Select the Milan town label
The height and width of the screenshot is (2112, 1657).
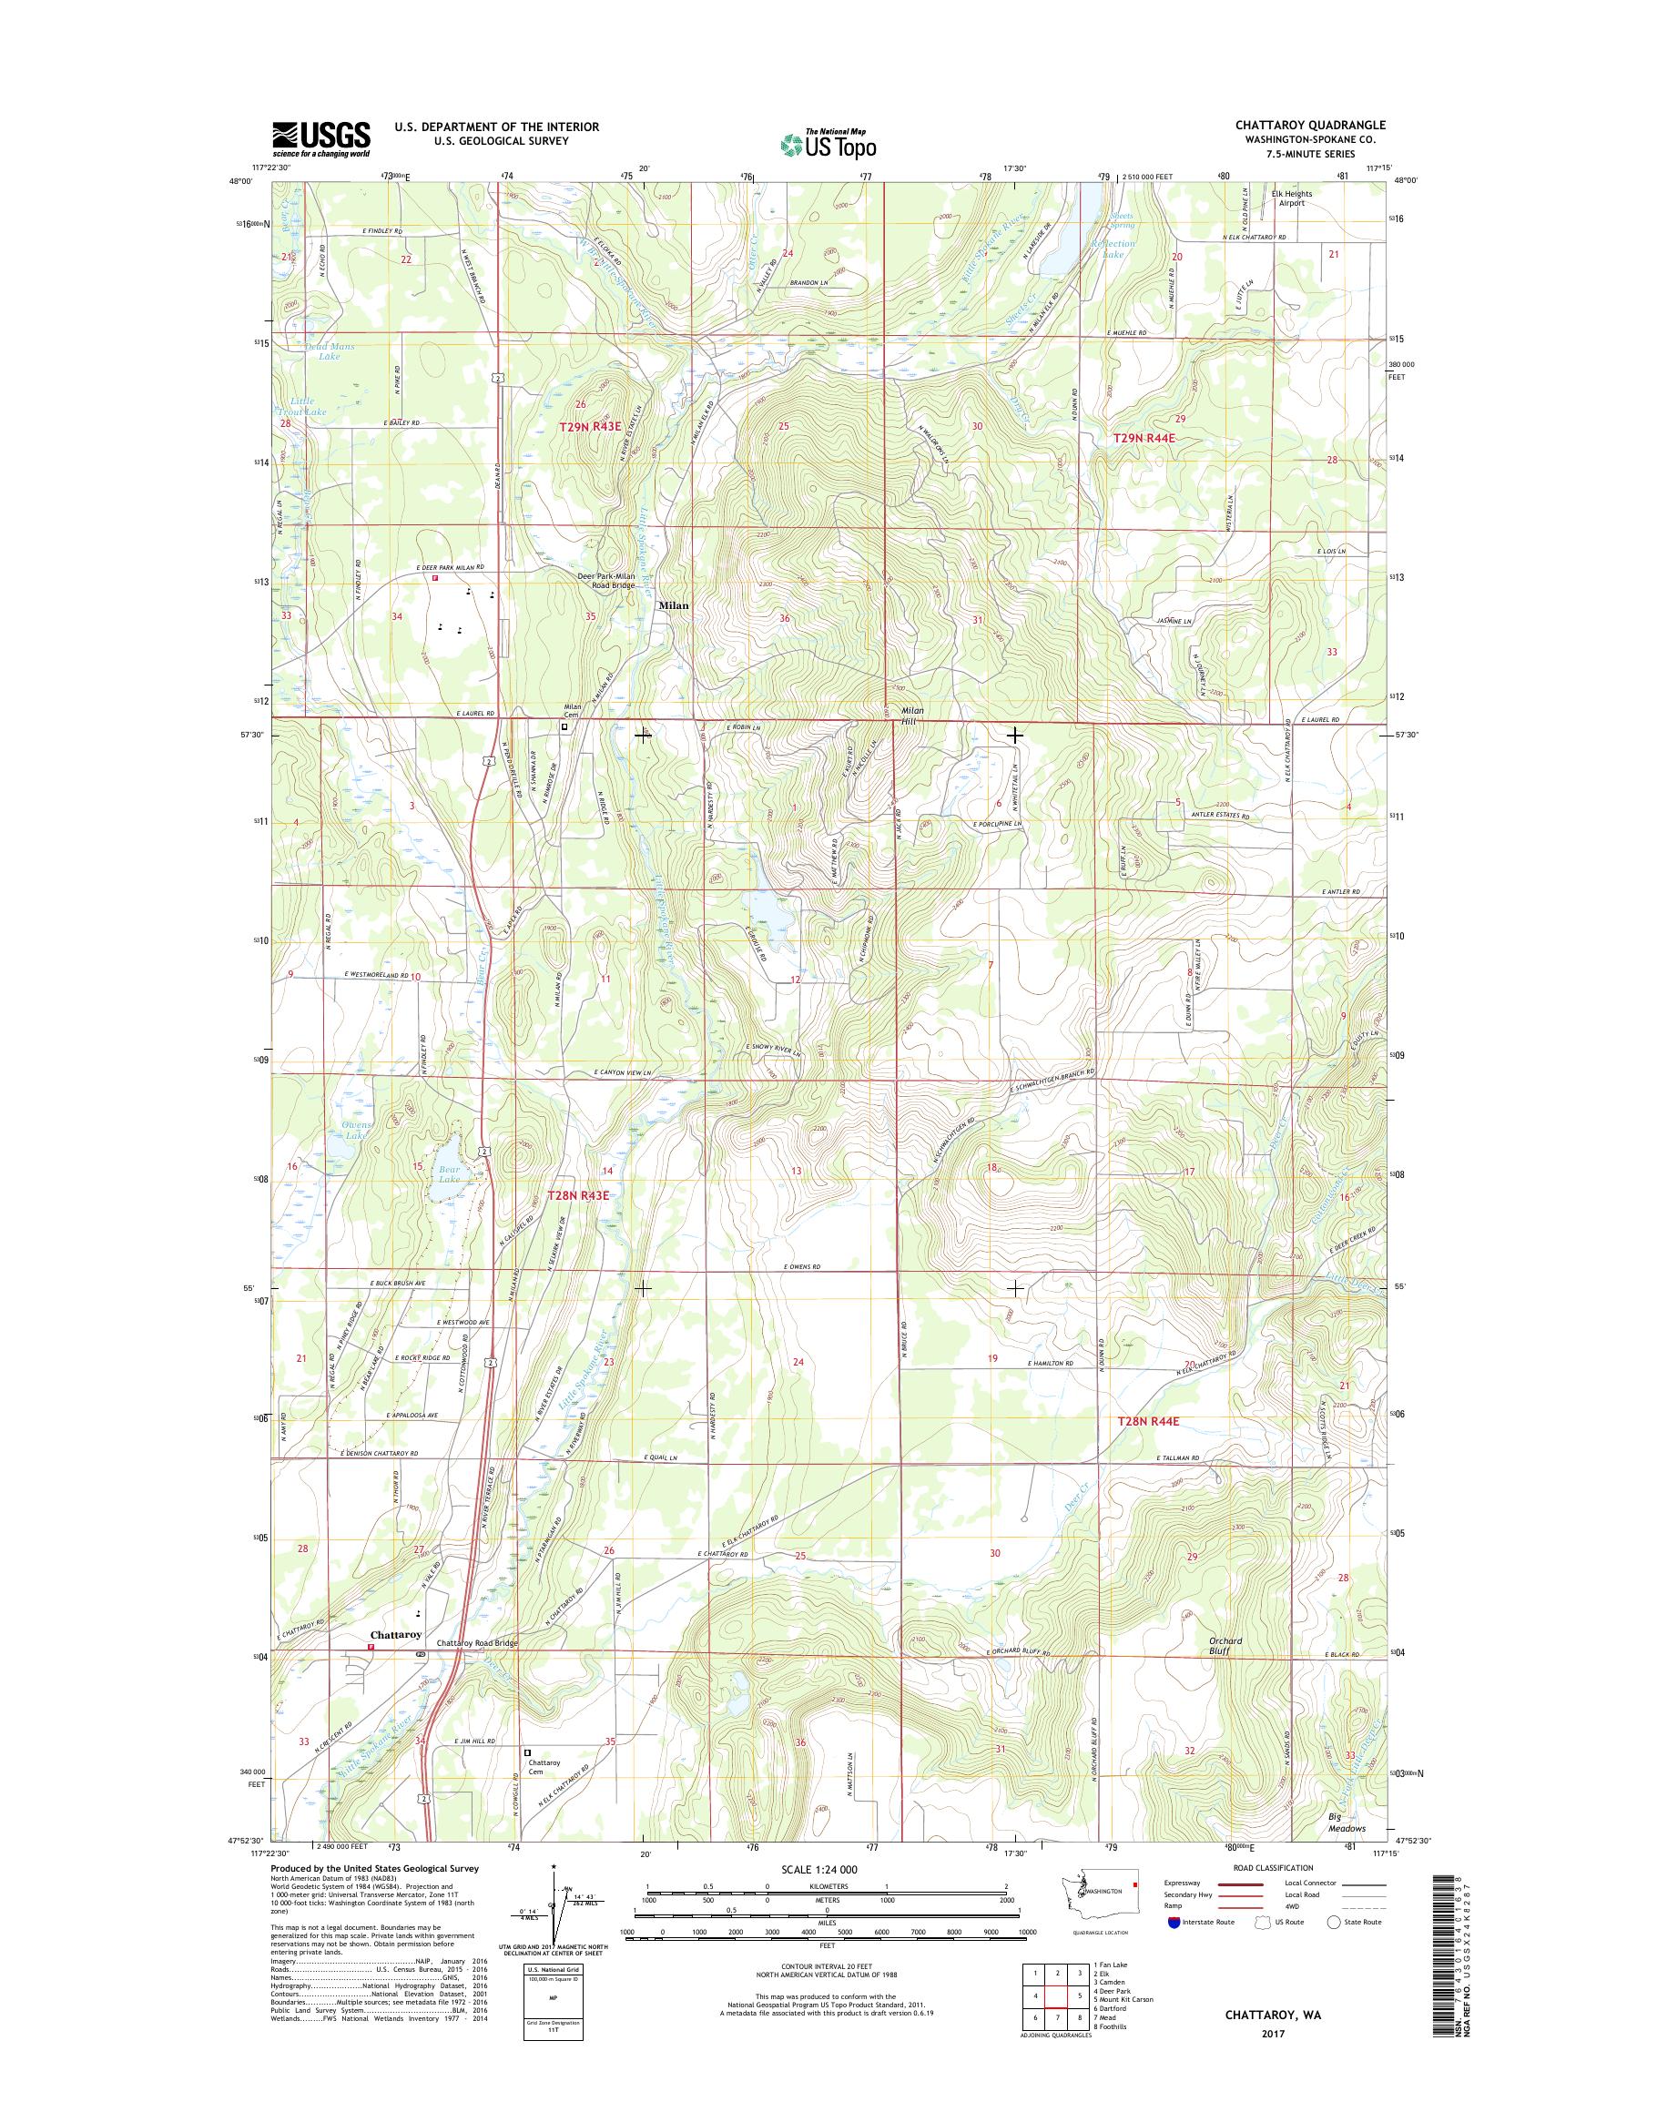click(674, 605)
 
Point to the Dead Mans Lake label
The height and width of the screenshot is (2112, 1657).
click(330, 351)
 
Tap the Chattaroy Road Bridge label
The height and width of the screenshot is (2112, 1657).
click(477, 1643)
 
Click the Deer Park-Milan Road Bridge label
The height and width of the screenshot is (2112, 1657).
click(606, 580)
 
